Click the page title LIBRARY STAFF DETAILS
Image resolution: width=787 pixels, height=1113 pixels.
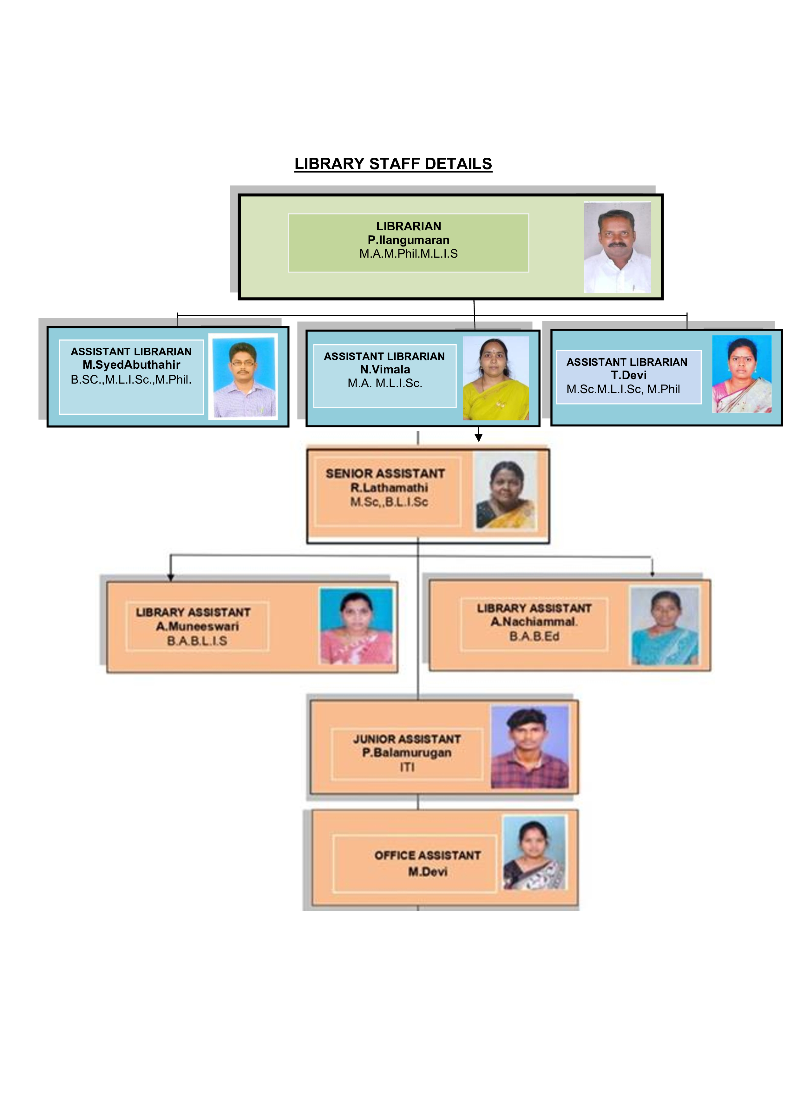(393, 164)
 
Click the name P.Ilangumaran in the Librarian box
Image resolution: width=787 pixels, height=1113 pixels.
(409, 240)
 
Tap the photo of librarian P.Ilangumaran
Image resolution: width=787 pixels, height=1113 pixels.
(617, 247)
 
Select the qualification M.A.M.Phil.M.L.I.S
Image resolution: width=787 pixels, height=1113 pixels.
(409, 254)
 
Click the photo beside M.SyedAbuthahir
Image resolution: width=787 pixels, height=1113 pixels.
(243, 376)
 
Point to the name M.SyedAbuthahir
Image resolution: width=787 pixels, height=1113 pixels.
(131, 365)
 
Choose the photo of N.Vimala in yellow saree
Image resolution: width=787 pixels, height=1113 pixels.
(496, 378)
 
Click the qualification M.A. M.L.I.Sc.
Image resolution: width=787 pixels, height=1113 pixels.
(385, 383)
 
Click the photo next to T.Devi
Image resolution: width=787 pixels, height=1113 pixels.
(741, 374)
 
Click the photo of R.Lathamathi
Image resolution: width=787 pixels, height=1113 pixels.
(505, 491)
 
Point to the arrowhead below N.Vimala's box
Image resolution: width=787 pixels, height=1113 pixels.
(478, 438)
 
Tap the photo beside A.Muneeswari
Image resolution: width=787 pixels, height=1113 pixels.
(356, 626)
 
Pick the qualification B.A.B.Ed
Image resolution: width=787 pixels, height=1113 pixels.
(535, 636)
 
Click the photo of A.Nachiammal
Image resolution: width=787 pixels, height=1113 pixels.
(664, 625)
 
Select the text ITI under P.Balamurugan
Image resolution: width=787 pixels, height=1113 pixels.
(407, 767)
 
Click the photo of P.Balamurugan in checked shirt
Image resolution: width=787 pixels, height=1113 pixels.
(530, 747)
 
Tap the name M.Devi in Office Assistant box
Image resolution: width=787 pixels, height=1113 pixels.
(427, 872)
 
